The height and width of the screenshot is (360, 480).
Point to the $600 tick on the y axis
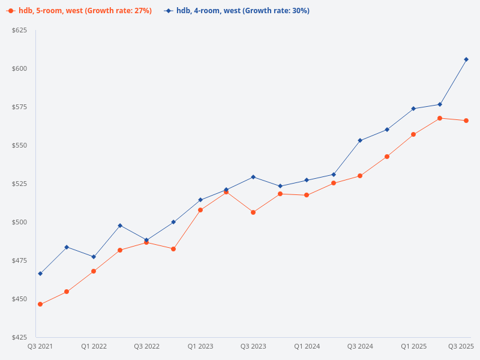(x=19, y=68)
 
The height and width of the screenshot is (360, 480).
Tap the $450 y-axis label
(x=19, y=299)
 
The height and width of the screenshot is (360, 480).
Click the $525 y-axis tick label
(x=19, y=184)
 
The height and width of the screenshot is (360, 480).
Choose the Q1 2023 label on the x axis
(x=200, y=346)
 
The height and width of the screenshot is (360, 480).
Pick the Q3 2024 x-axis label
(x=360, y=346)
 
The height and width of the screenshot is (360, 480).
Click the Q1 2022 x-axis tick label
(x=94, y=346)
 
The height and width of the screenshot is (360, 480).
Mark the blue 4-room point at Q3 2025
(x=466, y=59)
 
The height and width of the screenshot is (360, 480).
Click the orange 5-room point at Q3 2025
(x=466, y=121)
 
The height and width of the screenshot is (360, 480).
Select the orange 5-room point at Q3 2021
(x=40, y=304)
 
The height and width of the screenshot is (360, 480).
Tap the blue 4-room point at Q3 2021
(x=40, y=274)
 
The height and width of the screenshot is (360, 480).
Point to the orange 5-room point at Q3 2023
(x=253, y=212)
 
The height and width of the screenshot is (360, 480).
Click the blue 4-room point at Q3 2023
(x=253, y=177)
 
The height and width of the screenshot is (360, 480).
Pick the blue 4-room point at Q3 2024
(x=360, y=140)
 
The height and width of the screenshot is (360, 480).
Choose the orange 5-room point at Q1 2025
(x=413, y=134)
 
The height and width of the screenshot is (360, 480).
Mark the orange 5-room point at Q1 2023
(x=200, y=210)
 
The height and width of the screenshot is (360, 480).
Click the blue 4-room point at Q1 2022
(x=94, y=257)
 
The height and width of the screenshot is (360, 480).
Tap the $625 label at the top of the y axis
(x=19, y=30)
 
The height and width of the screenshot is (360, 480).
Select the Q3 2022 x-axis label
(x=146, y=346)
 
